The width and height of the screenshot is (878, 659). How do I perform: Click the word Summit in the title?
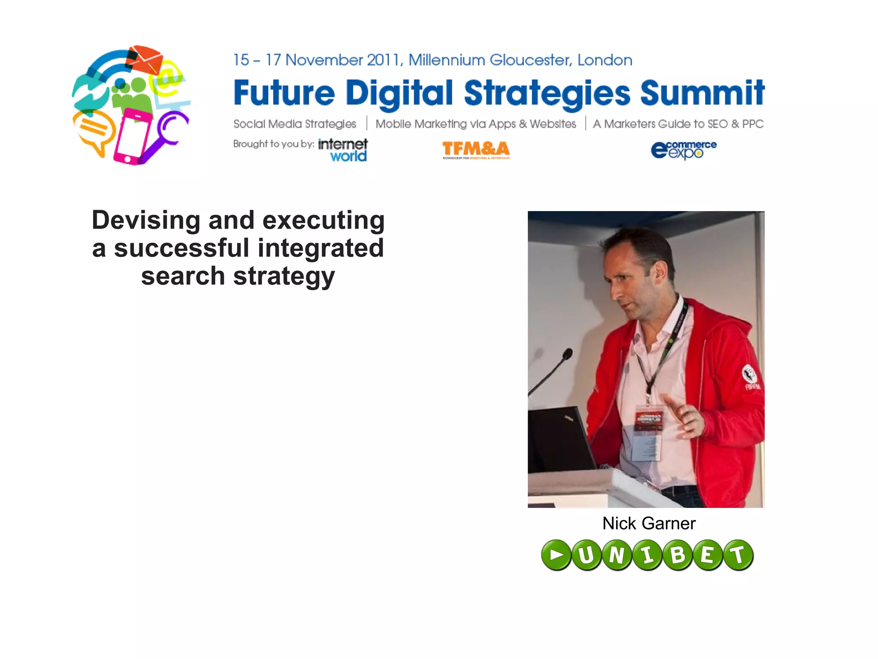(x=702, y=93)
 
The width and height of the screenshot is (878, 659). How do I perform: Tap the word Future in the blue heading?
(x=284, y=93)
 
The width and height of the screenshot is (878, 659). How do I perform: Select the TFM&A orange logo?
(x=476, y=149)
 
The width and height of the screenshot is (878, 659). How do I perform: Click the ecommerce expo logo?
(x=683, y=150)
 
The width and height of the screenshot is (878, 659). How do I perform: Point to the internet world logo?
(x=343, y=150)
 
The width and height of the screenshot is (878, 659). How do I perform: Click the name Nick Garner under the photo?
(x=649, y=523)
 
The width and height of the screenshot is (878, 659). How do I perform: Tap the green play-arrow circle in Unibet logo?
(x=556, y=555)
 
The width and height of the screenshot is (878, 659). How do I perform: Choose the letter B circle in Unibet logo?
(x=677, y=555)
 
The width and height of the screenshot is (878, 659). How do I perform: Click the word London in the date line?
(x=604, y=60)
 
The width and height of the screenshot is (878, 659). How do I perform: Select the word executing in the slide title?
(x=323, y=220)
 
